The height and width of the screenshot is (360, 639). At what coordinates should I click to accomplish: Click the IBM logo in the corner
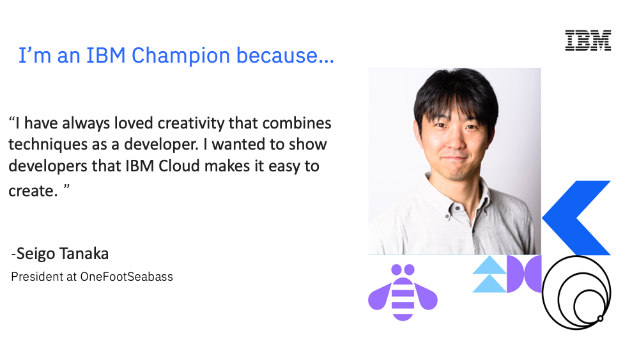coord(588,40)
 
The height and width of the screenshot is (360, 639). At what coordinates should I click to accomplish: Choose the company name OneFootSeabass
coord(127,277)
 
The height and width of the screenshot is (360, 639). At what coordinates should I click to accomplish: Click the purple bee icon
coord(403,292)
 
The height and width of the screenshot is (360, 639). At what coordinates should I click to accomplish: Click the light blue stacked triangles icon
coord(489,274)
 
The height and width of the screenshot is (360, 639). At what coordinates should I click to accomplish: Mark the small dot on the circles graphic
coord(600,318)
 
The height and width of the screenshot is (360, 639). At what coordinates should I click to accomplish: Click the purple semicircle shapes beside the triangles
coord(524,274)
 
